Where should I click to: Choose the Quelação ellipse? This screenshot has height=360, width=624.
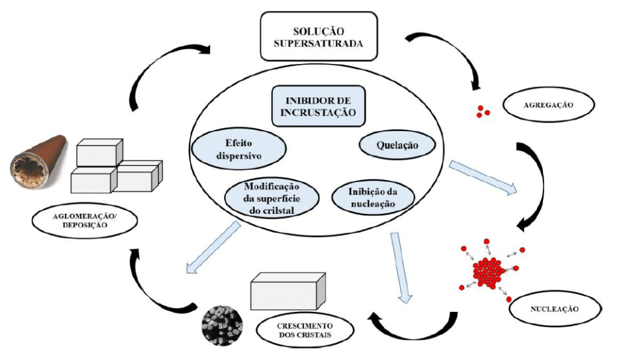tap(397, 145)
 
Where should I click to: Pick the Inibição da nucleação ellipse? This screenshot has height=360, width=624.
tap(374, 197)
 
